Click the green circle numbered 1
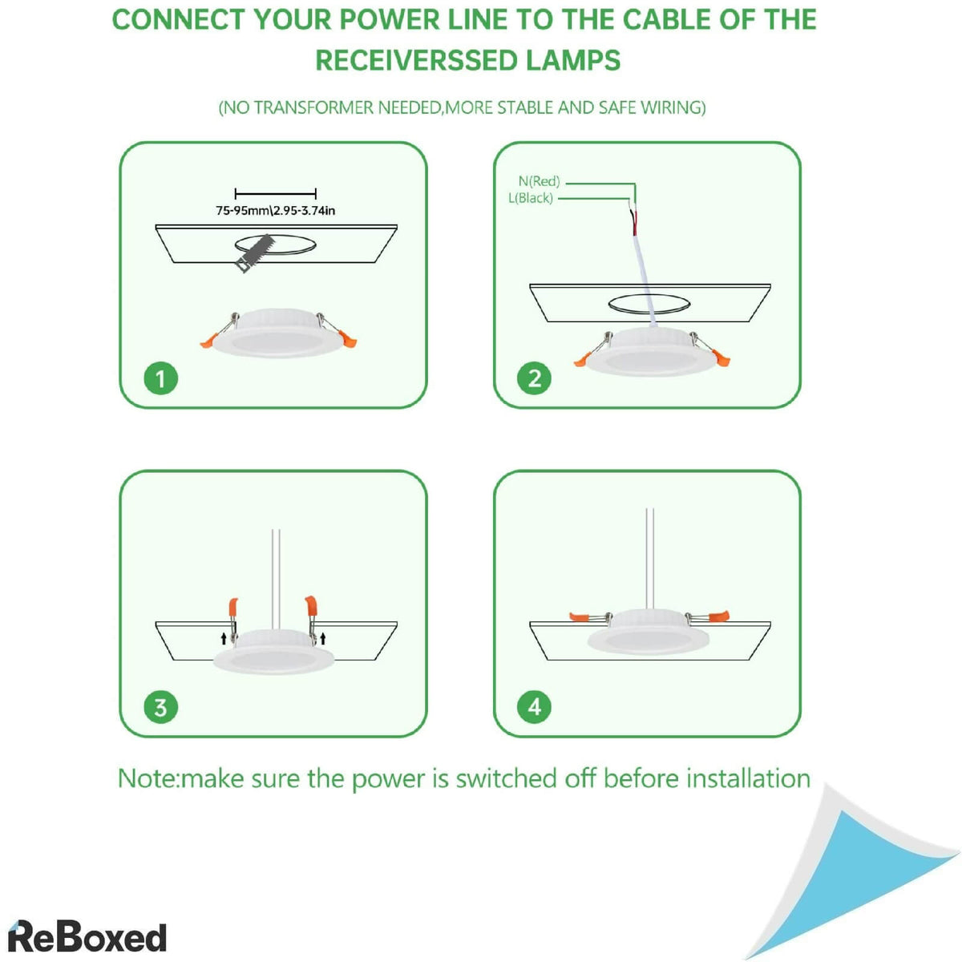160,378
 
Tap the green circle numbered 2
534,378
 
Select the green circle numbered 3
160,707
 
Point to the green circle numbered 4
534,706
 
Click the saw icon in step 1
255,253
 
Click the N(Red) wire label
539,182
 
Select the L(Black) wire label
531,198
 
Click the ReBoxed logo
87,936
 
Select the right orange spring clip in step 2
722,358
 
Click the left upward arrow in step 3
224,639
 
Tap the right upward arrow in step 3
322,638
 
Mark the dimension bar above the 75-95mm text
275,193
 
